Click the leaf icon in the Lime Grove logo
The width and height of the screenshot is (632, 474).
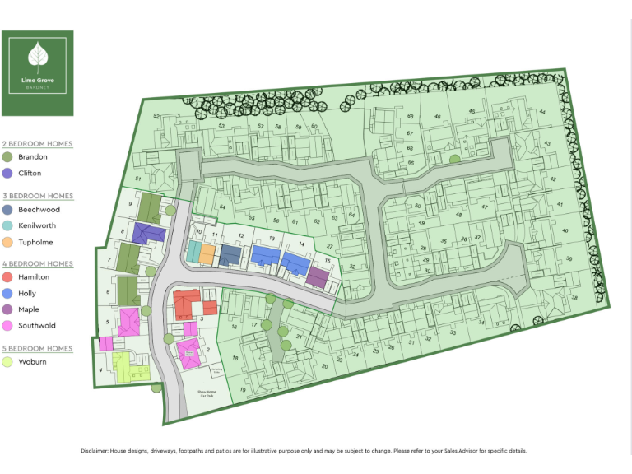[x=37, y=56]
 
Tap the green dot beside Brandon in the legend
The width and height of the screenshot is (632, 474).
[x=8, y=157]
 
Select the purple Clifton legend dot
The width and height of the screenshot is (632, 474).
[x=8, y=174]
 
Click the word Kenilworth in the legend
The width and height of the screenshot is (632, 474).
[x=37, y=225]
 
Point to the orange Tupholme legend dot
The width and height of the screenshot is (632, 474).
[x=8, y=242]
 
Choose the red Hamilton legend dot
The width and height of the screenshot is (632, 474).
[x=8, y=277]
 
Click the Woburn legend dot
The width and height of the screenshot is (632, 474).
[x=8, y=362]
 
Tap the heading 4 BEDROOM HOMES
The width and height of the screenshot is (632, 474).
[x=37, y=264]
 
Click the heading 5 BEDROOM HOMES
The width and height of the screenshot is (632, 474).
[x=37, y=349]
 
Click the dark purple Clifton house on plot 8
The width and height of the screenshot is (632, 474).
[x=149, y=235]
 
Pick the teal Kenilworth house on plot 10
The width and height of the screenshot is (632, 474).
[x=193, y=252]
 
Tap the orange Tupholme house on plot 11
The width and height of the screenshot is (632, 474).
[x=207, y=253]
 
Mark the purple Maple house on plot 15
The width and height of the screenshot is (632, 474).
[x=318, y=276]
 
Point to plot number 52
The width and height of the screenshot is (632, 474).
[x=156, y=117]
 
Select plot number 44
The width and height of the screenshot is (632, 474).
[x=542, y=113]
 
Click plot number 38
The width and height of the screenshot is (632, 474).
[x=575, y=298]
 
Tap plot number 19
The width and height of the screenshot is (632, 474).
[x=243, y=389]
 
